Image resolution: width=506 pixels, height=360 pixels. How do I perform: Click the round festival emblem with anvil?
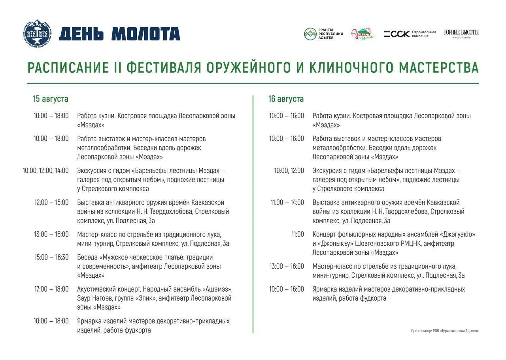(x=37, y=34)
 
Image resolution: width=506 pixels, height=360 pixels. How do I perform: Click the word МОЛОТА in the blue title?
(x=146, y=34)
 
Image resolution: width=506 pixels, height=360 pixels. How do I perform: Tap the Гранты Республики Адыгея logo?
(x=323, y=34)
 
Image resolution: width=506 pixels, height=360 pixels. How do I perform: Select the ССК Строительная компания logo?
(x=410, y=34)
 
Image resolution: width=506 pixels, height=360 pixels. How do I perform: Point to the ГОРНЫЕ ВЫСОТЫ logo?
(x=461, y=34)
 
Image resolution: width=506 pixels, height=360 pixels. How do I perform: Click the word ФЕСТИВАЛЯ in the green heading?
(x=164, y=67)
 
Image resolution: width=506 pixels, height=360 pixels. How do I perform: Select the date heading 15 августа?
(x=51, y=99)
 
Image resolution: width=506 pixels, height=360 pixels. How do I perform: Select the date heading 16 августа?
(x=286, y=99)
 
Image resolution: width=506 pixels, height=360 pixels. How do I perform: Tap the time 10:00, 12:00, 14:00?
(x=45, y=171)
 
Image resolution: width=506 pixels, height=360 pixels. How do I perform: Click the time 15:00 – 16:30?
(x=51, y=257)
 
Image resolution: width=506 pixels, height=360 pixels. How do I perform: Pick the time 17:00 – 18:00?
(x=51, y=289)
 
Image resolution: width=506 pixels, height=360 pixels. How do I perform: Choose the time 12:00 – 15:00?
(x=51, y=202)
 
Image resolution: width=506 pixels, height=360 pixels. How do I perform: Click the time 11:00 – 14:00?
(x=287, y=202)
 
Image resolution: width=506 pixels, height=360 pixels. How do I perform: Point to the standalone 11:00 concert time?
(x=298, y=234)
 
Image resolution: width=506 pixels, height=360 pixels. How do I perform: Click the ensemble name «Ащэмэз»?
(x=217, y=289)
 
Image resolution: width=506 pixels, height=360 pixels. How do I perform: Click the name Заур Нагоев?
(x=94, y=298)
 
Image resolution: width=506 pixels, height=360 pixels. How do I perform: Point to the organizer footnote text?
(x=445, y=331)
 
